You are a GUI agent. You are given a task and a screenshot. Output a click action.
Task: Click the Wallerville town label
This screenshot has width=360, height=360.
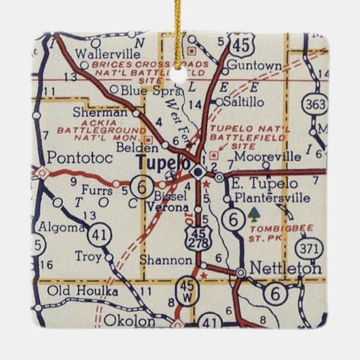(x=103, y=52)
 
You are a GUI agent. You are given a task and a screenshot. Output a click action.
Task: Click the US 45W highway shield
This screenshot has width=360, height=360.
(x=185, y=291)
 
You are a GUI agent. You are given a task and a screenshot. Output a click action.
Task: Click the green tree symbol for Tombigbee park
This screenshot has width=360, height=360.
(x=254, y=215)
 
